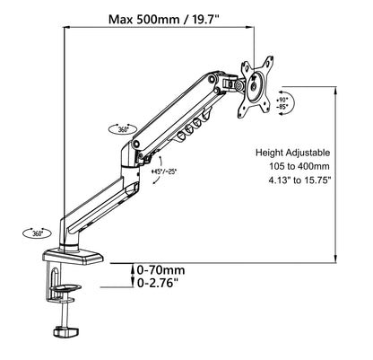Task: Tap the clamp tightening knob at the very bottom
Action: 67,333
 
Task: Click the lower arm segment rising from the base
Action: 99,200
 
